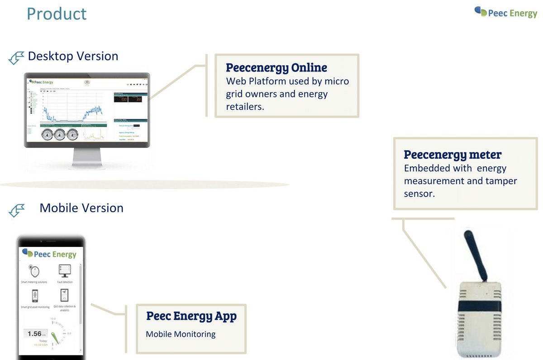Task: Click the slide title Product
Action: [57, 14]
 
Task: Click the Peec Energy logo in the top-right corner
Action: [505, 12]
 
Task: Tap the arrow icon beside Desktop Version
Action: [16, 58]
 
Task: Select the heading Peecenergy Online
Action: [276, 68]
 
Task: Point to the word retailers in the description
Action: [245, 107]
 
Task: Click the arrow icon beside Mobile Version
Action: [16, 210]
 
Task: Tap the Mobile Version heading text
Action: [81, 208]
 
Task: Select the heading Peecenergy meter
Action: [452, 155]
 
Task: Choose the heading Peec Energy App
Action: [191, 316]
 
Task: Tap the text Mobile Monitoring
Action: [181, 335]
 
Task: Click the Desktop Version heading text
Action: [73, 56]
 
